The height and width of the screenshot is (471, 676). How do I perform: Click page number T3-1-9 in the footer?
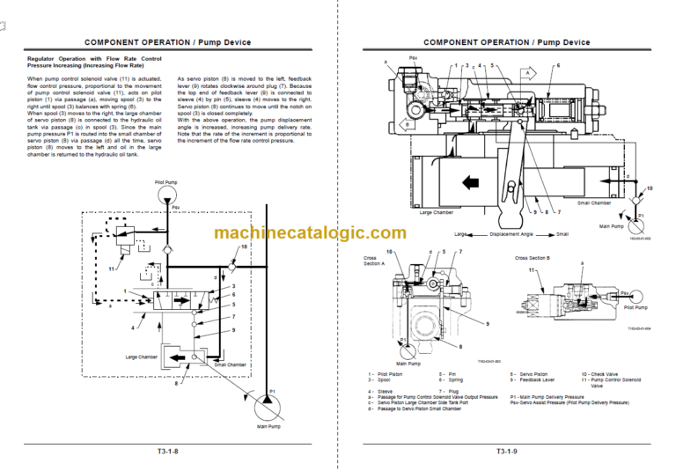[506, 452]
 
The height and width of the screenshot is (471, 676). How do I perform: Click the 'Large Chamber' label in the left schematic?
[143, 357]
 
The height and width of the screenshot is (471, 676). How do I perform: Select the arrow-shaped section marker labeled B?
[408, 124]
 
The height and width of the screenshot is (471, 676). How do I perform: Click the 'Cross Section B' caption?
[533, 258]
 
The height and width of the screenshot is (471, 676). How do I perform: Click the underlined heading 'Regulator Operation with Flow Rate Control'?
[94, 58]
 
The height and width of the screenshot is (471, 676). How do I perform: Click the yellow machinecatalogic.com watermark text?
[310, 233]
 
